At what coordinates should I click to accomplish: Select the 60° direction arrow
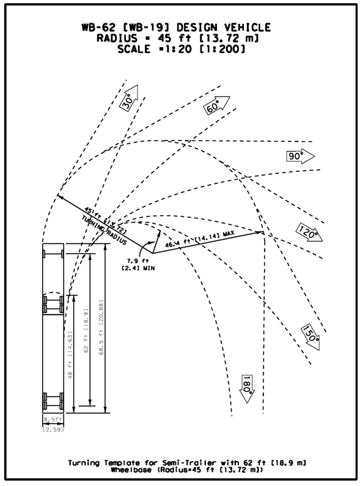point(216,107)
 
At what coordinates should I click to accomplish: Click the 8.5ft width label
point(52,419)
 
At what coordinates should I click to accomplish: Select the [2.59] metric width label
point(52,430)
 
